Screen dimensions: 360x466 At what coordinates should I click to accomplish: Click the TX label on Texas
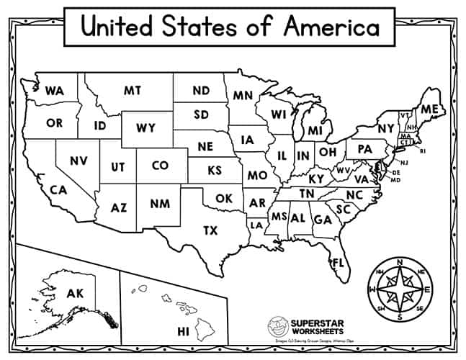click(210, 230)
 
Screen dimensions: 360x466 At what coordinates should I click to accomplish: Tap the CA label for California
click(58, 190)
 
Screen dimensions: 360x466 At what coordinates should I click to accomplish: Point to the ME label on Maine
click(429, 109)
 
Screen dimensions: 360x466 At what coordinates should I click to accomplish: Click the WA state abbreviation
click(53, 91)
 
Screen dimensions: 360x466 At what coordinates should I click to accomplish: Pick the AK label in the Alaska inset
click(75, 293)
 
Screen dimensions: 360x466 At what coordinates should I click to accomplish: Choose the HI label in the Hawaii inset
click(183, 331)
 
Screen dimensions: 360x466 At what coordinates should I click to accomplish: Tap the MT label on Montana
click(132, 91)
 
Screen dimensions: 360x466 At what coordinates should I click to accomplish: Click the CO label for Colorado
click(160, 166)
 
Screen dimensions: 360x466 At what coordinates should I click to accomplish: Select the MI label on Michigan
click(314, 131)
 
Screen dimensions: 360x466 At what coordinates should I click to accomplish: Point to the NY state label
click(386, 128)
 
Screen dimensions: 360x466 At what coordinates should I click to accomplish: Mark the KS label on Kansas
click(215, 171)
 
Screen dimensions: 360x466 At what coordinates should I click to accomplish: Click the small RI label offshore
click(424, 151)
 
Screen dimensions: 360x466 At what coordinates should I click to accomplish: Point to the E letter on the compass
click(429, 290)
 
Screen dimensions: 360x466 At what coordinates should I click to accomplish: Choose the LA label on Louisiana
click(256, 225)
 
